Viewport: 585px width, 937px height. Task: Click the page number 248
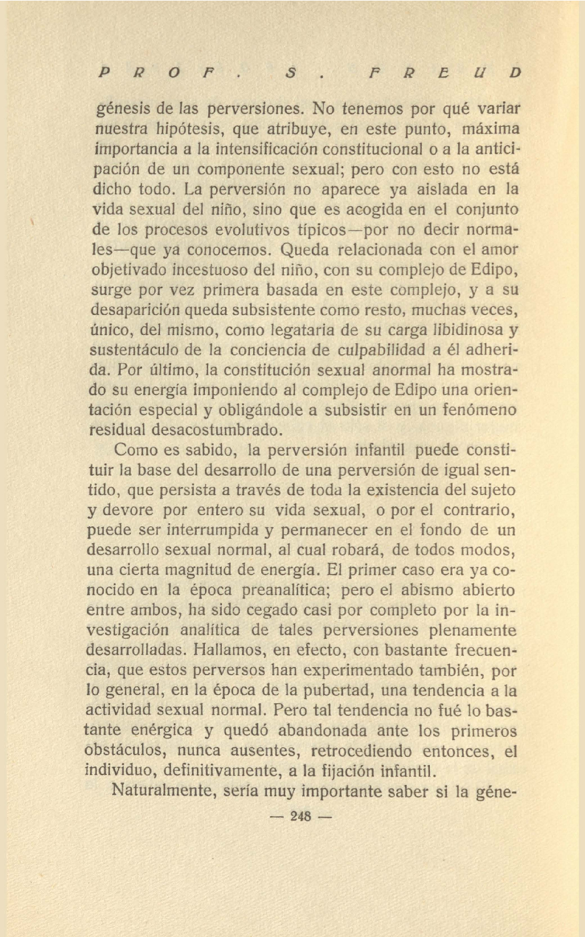(x=301, y=816)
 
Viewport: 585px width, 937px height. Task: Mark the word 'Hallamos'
(x=226, y=650)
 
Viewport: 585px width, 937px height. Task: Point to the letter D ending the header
(x=515, y=73)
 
